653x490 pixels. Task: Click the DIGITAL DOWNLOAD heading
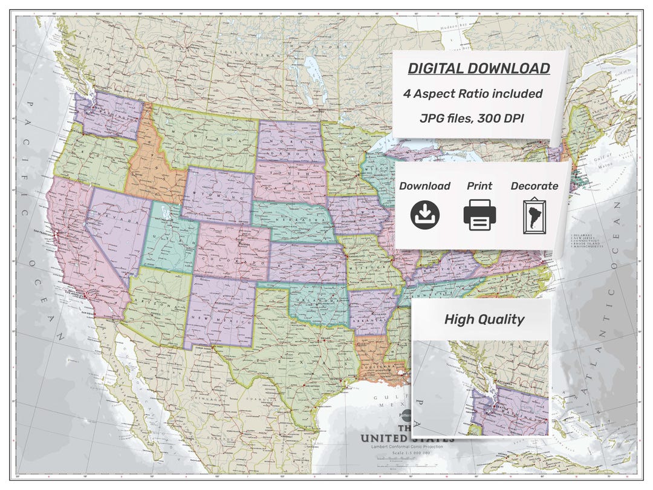(x=478, y=68)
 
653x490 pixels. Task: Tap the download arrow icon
(x=425, y=215)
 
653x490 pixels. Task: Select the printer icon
(x=480, y=215)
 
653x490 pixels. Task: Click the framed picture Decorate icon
(x=534, y=217)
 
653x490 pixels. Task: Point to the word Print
(x=479, y=186)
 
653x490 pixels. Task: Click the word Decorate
(x=534, y=186)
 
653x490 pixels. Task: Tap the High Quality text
(x=484, y=319)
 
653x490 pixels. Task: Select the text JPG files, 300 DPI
(x=472, y=119)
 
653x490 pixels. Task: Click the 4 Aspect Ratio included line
(x=473, y=94)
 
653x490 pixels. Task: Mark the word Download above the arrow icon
(x=424, y=186)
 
